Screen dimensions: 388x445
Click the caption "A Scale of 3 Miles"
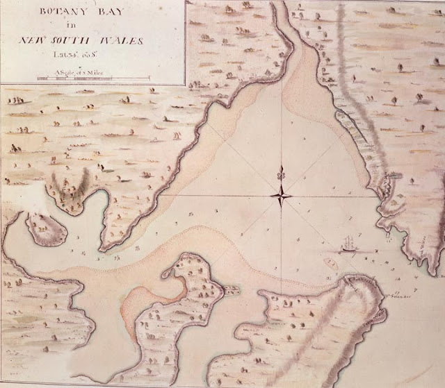click(91, 71)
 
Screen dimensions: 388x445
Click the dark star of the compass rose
click(282, 196)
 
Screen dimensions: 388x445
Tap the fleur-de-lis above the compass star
click(282, 171)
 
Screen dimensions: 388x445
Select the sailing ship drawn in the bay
click(350, 244)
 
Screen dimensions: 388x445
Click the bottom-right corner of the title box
click(184, 84)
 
